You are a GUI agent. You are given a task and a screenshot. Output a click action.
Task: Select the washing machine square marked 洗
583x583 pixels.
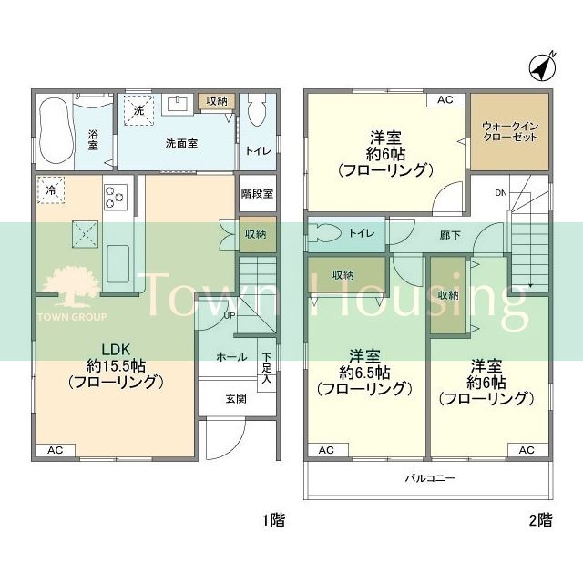(x=138, y=110)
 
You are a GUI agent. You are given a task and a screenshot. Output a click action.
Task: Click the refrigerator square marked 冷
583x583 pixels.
(x=51, y=190)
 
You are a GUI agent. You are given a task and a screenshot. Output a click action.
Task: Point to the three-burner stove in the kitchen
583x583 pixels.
(x=117, y=197)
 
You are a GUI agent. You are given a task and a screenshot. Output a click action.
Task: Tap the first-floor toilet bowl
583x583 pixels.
(x=257, y=110)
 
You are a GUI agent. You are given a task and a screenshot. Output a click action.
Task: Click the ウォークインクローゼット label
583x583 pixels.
(x=510, y=131)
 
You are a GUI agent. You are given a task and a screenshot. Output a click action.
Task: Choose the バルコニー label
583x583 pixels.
(x=430, y=477)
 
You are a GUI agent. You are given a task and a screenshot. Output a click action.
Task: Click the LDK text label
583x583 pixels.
(x=116, y=350)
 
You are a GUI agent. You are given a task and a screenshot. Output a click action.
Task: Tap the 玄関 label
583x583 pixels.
(x=236, y=399)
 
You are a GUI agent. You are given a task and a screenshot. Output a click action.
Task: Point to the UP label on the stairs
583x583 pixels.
(x=229, y=316)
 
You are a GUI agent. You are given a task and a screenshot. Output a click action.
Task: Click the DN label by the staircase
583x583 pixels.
(x=501, y=193)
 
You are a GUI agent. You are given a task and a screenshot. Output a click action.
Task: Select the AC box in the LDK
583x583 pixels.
(x=55, y=450)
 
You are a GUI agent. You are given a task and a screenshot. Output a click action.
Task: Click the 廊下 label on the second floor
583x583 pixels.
(x=450, y=235)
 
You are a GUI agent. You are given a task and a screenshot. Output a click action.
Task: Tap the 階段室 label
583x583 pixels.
(x=257, y=193)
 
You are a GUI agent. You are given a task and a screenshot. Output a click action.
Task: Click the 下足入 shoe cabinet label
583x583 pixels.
(x=267, y=368)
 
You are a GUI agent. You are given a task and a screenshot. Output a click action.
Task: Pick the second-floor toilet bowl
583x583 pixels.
(x=324, y=233)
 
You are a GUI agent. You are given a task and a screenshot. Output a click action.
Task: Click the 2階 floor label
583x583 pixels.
(x=540, y=520)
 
